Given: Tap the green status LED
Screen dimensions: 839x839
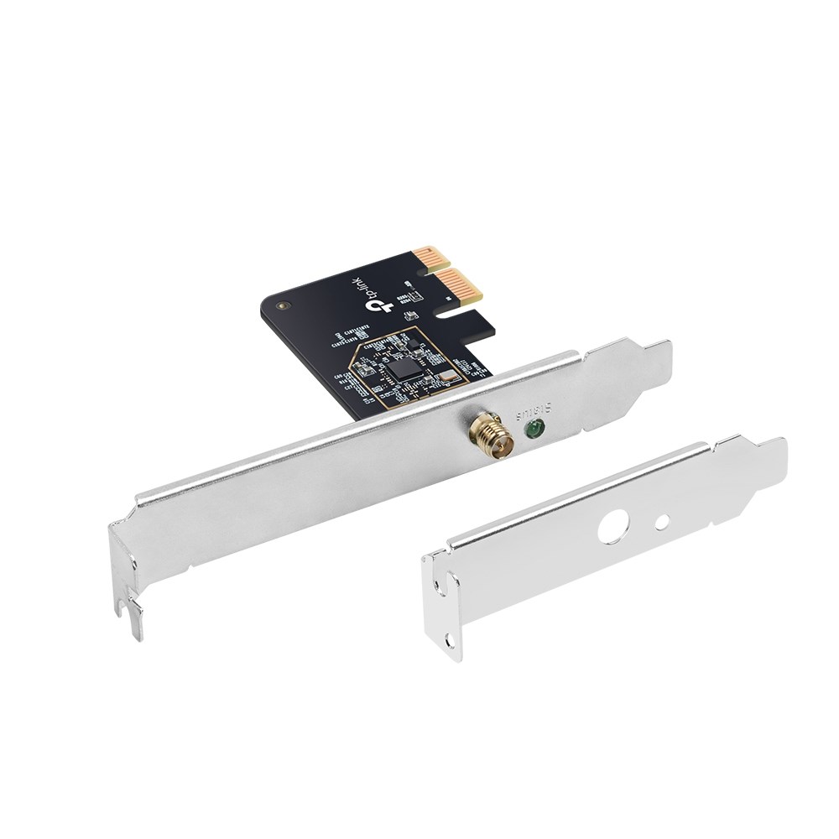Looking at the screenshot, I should click(x=532, y=431).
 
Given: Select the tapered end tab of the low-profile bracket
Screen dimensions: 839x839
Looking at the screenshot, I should click(x=768, y=457).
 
